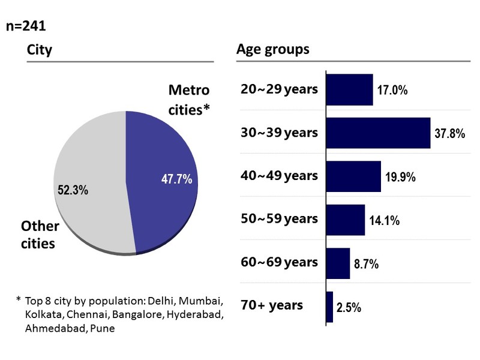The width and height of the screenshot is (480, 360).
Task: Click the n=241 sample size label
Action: coord(26,26)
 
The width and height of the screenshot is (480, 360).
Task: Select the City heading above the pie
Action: coord(40,50)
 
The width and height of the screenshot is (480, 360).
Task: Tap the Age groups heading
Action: coord(273,49)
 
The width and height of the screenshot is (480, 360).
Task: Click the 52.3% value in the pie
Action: coord(73,190)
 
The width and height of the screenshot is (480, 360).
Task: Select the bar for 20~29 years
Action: coord(349,90)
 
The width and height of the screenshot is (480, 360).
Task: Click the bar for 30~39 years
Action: coord(378,133)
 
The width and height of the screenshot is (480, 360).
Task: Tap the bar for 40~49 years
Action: coord(353,176)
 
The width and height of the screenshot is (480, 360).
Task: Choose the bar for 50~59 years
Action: coord(346,220)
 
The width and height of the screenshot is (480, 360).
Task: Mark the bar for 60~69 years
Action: coord(338,263)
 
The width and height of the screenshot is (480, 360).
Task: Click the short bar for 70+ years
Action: coord(329,307)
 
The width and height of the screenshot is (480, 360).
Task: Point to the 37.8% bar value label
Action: coord(449,134)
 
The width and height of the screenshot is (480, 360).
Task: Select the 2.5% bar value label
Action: coord(349,308)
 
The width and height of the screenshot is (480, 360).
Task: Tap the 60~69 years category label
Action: coord(279,262)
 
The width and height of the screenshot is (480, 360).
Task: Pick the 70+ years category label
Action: coord(271,305)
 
